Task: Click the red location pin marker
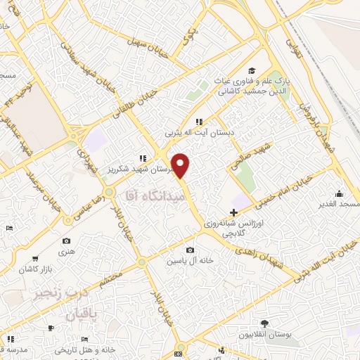pos(181,165)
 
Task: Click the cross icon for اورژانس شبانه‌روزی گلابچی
pos(233,212)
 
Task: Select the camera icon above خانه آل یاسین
pos(190,250)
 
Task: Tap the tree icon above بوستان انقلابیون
pos(264,323)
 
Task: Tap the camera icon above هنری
pos(66,241)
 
